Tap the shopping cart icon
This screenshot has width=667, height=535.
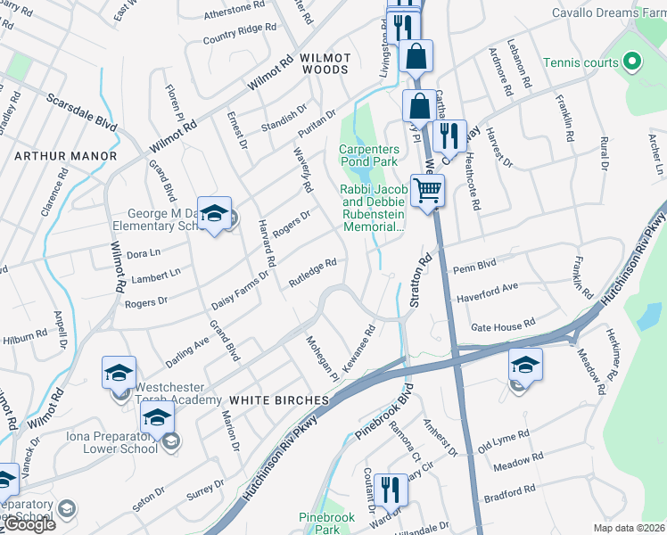[428, 189]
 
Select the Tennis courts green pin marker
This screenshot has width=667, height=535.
[632, 62]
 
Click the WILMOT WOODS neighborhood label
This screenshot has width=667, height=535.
[325, 58]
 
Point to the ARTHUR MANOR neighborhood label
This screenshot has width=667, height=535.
[66, 156]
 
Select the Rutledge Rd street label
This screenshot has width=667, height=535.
[312, 274]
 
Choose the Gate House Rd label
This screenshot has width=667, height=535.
[502, 325]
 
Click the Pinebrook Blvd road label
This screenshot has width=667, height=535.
[385, 417]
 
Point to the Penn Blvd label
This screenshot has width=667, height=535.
[473, 267]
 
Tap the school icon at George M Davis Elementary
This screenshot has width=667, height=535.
[214, 213]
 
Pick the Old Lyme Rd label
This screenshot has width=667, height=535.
[504, 439]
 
